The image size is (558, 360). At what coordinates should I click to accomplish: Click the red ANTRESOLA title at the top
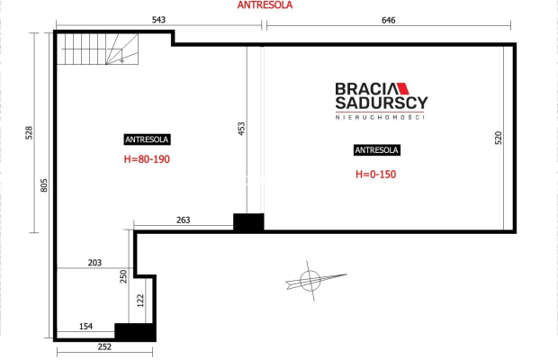point(265,5)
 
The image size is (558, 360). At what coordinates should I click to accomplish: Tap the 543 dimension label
point(158,20)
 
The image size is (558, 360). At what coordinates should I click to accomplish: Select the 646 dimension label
point(388,21)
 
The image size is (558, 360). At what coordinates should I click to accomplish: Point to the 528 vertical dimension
point(29,132)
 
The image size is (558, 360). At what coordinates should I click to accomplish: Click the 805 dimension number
point(44,185)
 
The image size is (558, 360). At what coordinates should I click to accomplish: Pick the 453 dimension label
point(241,129)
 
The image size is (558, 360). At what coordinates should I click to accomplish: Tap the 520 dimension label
point(499,138)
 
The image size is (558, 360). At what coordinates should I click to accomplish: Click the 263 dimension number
point(184,220)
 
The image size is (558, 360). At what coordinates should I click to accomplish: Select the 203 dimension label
point(94,263)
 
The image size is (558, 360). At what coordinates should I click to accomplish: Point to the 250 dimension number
point(123,276)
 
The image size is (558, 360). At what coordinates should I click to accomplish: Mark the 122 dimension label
point(140,301)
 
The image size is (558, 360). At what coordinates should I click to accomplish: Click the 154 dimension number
point(85,327)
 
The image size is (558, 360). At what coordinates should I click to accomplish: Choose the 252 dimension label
point(104,346)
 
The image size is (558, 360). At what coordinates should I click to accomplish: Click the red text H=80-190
point(147,159)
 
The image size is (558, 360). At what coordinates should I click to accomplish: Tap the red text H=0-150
point(376,175)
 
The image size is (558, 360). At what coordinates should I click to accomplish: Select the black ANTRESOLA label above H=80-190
point(147,139)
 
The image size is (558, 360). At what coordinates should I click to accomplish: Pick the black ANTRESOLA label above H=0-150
point(377,150)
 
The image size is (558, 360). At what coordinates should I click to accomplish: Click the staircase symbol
point(98,49)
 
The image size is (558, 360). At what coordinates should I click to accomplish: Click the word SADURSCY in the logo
point(381,103)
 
